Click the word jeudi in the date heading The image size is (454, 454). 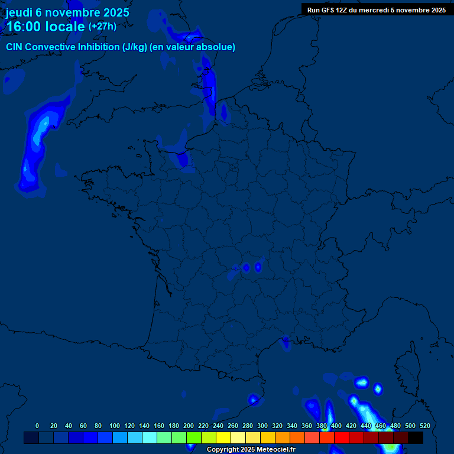click(20, 12)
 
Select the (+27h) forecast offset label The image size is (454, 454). click(102, 27)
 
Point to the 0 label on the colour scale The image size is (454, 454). click(37, 426)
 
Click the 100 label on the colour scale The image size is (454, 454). click(115, 426)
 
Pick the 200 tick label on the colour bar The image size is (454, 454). click(189, 426)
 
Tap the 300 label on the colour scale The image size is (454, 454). click(262, 426)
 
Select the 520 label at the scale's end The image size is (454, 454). click(424, 426)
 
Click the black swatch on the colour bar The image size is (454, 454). click(415, 437)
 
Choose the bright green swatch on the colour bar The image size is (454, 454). click(193, 437)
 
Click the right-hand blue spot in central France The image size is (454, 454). click(258, 267)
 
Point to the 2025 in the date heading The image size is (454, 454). click(115, 12)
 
